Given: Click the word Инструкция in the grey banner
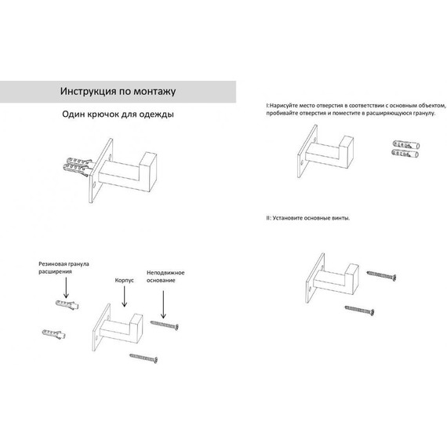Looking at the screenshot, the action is click(88, 92).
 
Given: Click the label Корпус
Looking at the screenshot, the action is click(124, 280).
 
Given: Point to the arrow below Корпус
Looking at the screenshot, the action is click(124, 296).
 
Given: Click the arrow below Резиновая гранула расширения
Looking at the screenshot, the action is click(66, 288).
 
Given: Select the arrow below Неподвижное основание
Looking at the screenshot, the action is click(163, 304).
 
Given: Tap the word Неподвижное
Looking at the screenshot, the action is click(165, 273).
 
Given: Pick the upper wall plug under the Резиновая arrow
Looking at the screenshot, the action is click(67, 305).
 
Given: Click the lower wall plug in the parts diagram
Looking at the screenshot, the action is click(54, 334).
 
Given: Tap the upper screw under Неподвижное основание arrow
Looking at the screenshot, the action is click(165, 325).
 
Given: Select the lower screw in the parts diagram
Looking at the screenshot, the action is click(144, 358).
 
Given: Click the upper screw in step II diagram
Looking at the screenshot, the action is click(381, 276).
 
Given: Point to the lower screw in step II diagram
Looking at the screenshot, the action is click(359, 311).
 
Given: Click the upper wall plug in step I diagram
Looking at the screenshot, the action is click(406, 145).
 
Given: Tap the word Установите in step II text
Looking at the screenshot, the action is click(288, 218).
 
